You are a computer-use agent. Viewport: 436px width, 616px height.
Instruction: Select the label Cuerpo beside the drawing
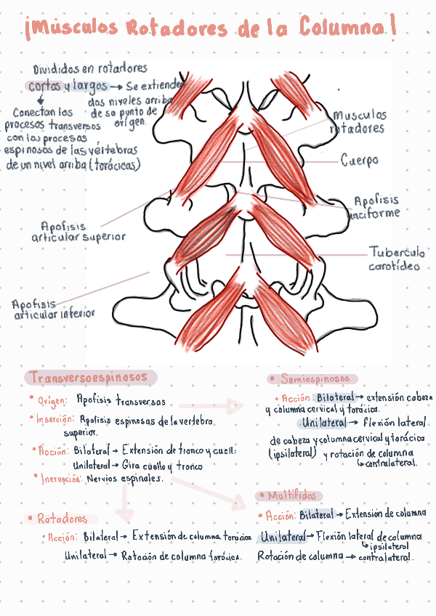click(x=359, y=160)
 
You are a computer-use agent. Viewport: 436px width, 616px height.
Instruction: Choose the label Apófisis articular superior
click(x=78, y=232)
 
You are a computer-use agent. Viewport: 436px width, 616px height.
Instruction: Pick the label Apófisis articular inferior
click(x=53, y=309)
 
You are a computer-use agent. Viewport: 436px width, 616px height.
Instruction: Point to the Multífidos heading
click(x=291, y=496)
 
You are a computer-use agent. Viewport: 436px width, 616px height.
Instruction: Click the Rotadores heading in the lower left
click(x=62, y=519)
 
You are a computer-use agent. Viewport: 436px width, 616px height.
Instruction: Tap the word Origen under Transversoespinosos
click(x=52, y=400)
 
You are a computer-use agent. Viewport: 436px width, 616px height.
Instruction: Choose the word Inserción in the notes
click(x=55, y=419)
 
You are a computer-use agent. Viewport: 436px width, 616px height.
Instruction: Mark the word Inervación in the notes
click(x=61, y=479)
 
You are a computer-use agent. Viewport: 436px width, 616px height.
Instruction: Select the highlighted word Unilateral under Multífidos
click(x=283, y=538)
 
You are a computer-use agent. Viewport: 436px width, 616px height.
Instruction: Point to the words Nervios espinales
click(x=124, y=479)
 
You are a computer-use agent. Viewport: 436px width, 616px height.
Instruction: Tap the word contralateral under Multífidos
click(x=386, y=558)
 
